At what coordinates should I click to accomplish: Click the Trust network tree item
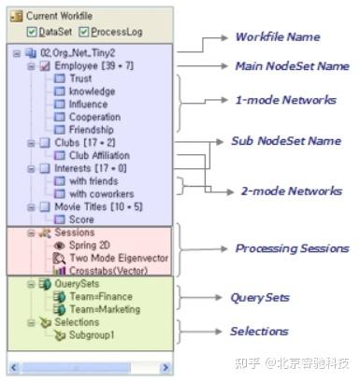80,79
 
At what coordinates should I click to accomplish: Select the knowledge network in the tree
92,92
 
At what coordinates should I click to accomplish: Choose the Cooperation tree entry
94,118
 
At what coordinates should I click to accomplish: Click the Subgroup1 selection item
94,335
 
